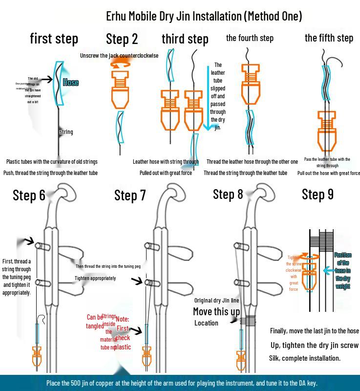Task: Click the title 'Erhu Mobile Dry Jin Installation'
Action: tap(204, 16)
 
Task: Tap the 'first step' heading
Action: tap(54, 39)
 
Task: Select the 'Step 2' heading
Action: tap(122, 39)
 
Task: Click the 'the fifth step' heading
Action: tap(329, 38)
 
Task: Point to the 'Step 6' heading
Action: tap(29, 195)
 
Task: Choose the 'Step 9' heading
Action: tap(318, 194)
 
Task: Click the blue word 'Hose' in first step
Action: tap(71, 83)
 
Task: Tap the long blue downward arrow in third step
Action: tap(207, 98)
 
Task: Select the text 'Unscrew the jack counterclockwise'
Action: tap(119, 56)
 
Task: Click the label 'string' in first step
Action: tap(66, 132)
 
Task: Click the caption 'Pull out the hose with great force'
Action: tap(328, 173)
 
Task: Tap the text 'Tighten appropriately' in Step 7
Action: tap(95, 278)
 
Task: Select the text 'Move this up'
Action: tap(216, 311)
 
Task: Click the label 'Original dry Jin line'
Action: tap(217, 301)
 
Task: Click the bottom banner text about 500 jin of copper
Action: tap(180, 383)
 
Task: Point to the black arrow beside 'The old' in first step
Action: tap(46, 79)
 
